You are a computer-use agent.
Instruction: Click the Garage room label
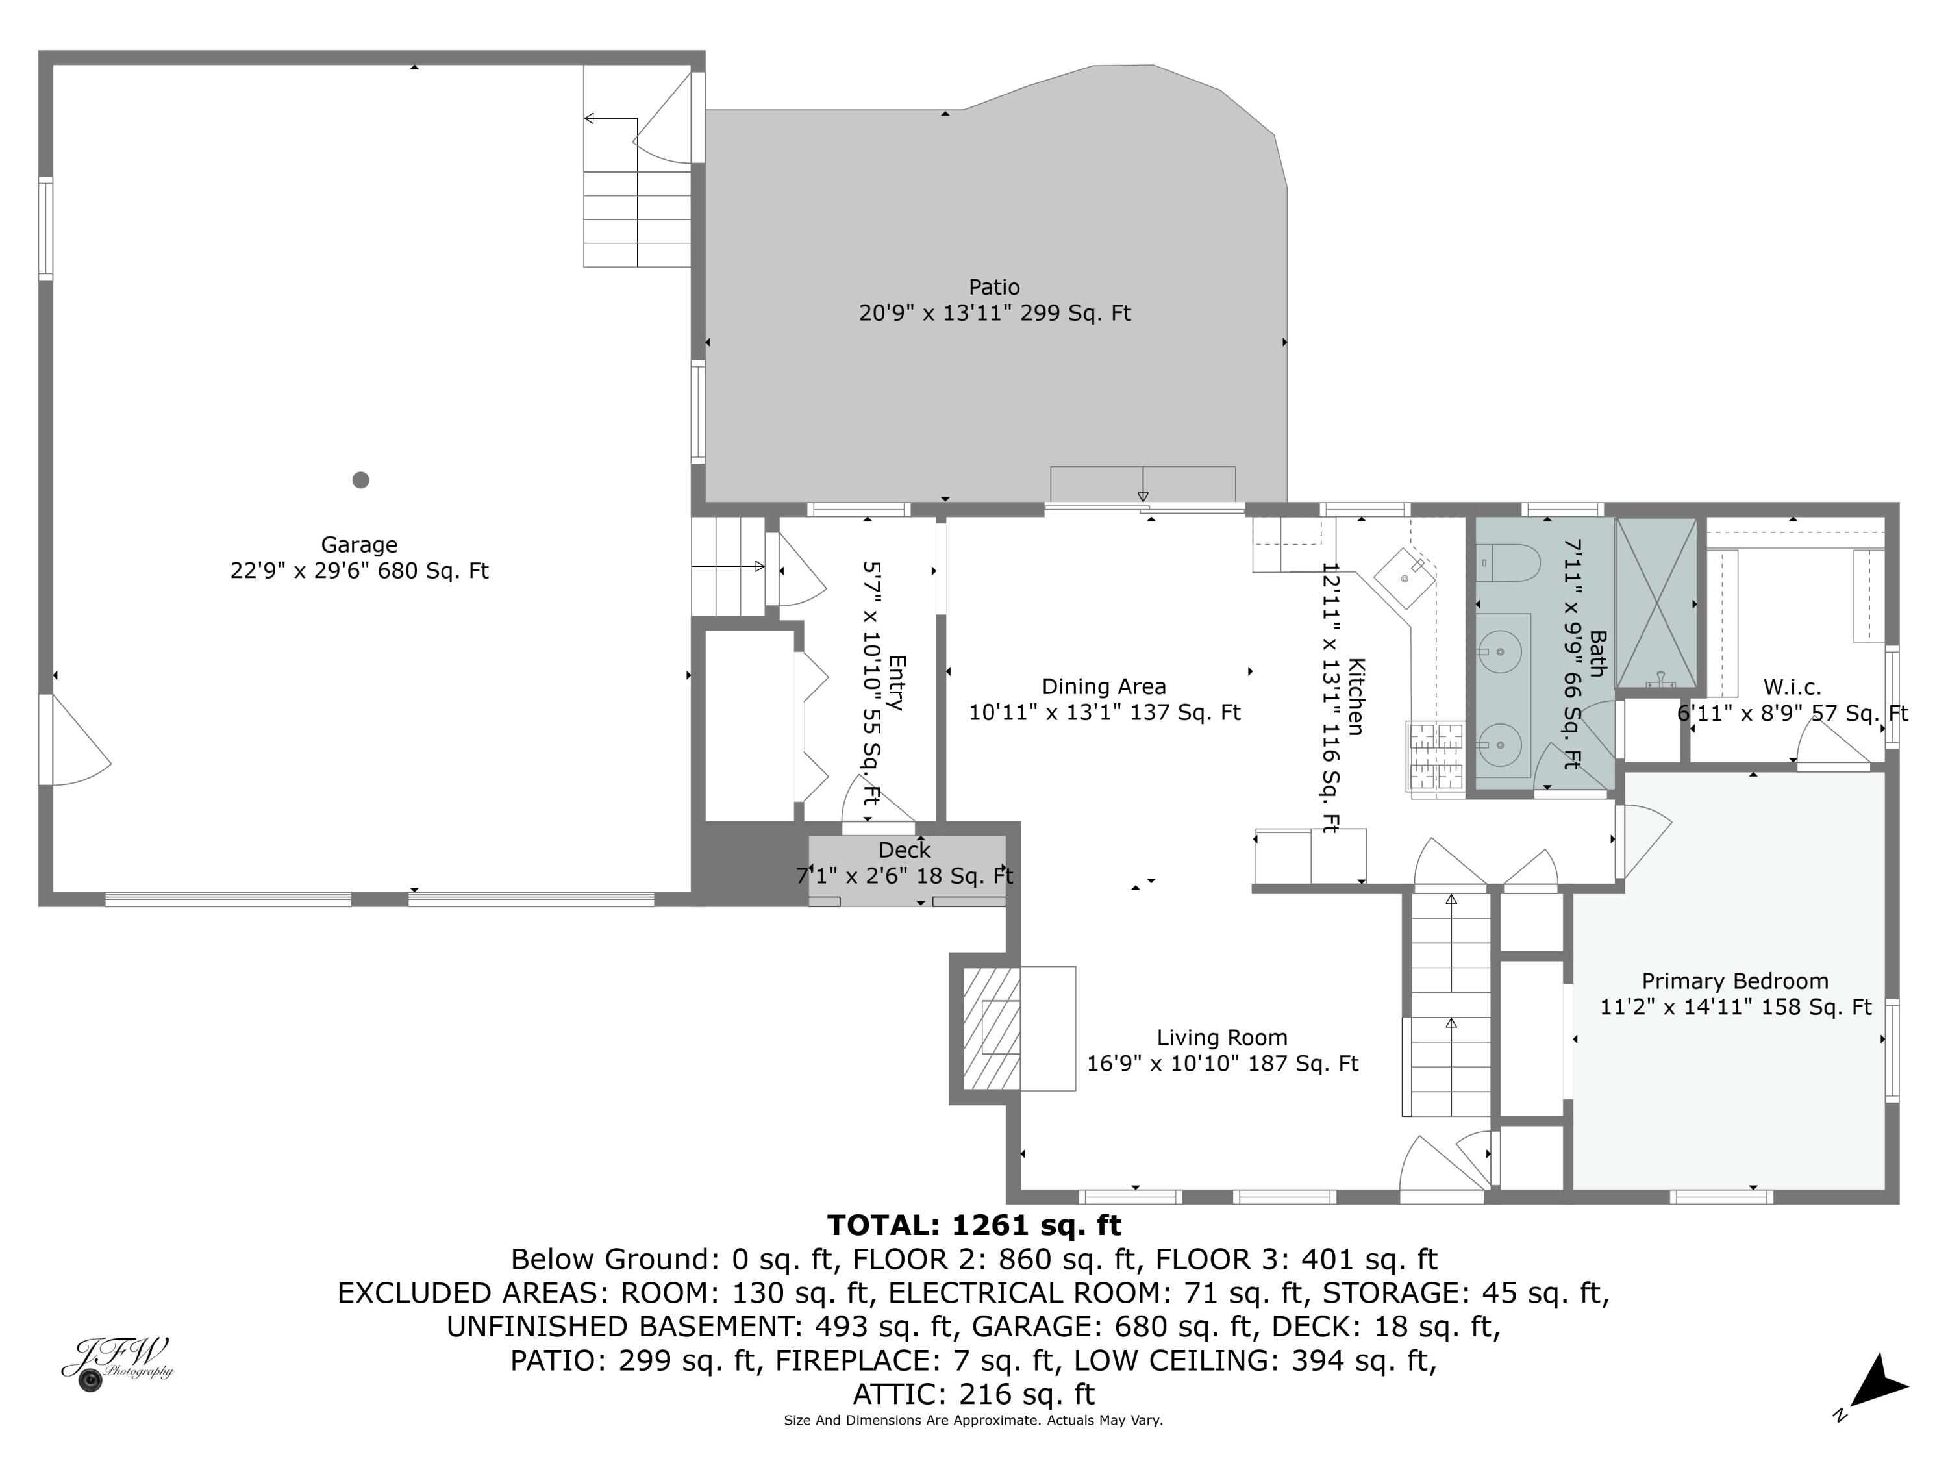point(358,545)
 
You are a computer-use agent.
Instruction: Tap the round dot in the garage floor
point(360,480)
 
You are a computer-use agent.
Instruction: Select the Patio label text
point(994,287)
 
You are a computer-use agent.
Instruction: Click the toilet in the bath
point(1508,562)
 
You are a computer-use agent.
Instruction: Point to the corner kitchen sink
point(1406,579)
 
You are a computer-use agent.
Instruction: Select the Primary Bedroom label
point(1735,981)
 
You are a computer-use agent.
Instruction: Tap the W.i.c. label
point(1792,687)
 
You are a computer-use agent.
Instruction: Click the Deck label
point(905,850)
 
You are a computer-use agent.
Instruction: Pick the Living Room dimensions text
point(1222,1063)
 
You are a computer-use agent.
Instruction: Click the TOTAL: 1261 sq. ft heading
point(974,1225)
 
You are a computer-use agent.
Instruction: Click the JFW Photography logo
point(116,1362)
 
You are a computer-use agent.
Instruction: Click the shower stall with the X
point(1656,603)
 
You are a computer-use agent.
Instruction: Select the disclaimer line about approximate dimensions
point(973,1421)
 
